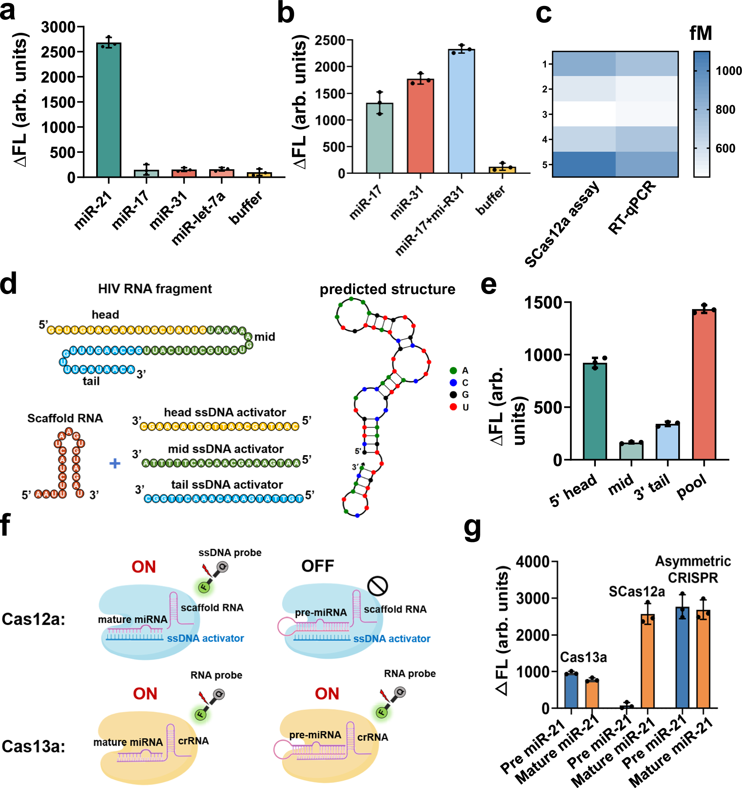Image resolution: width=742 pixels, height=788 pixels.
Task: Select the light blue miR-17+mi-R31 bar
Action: [x=461, y=111]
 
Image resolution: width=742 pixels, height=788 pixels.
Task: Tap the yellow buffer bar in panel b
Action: [x=502, y=170]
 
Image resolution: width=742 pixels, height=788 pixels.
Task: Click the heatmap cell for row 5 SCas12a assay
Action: [x=584, y=164]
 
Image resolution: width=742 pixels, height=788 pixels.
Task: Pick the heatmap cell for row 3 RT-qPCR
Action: [x=647, y=114]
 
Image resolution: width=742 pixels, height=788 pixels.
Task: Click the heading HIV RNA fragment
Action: [x=155, y=289]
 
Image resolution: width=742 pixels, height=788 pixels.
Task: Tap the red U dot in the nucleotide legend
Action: [x=453, y=407]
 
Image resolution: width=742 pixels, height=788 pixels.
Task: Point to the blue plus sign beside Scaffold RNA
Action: [x=114, y=463]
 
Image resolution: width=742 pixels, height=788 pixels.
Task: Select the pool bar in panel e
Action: [x=704, y=384]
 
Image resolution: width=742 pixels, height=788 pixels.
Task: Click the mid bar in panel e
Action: [x=631, y=451]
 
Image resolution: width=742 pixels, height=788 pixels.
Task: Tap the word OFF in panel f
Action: [x=317, y=566]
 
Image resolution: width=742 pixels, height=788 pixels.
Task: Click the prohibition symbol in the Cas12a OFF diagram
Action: [x=377, y=586]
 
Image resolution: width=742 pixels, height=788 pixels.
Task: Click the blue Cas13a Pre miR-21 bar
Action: [x=571, y=690]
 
